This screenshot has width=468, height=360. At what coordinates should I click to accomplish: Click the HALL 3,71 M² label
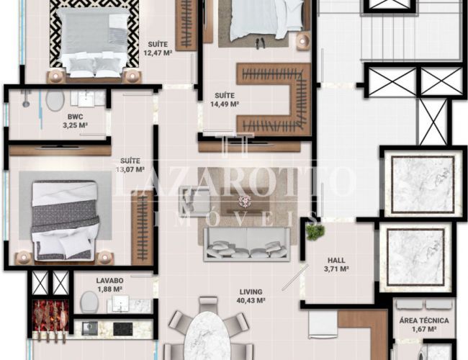click(336, 264)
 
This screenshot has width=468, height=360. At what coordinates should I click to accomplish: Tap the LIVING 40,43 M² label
click(251, 296)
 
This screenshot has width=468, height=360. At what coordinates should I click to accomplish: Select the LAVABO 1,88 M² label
click(110, 285)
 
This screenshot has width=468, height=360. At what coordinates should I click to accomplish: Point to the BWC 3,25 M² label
click(75, 121)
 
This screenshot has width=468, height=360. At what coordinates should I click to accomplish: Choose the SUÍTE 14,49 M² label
click(225, 99)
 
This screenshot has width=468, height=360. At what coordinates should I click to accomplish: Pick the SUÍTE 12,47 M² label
click(158, 49)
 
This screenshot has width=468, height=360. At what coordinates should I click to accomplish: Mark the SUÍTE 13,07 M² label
click(130, 165)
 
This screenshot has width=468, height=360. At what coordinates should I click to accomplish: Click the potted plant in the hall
click(315, 232)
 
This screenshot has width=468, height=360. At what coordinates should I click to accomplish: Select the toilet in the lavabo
click(90, 302)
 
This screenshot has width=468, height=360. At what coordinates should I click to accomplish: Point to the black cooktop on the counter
click(123, 329)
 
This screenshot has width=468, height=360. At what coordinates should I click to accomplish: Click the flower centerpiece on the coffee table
click(245, 201)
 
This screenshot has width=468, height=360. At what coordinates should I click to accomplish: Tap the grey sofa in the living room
click(247, 244)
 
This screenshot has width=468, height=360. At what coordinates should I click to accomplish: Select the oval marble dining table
click(207, 336)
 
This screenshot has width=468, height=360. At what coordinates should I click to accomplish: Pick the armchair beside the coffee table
click(194, 199)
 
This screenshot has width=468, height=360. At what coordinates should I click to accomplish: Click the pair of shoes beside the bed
click(260, 42)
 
